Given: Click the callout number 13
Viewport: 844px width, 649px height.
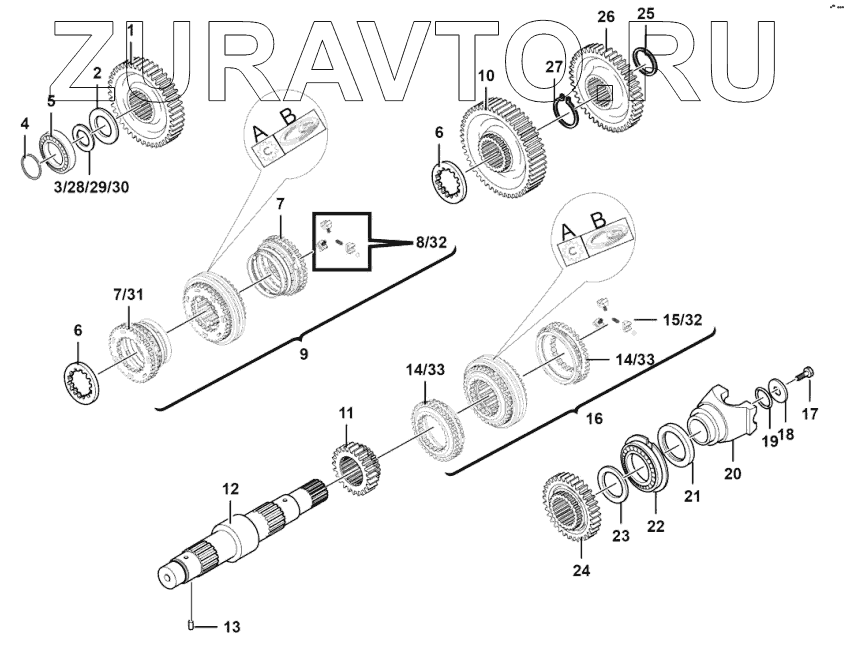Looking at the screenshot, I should pyautogui.click(x=231, y=627).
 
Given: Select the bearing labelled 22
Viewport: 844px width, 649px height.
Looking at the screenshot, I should pyautogui.click(x=645, y=463).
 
